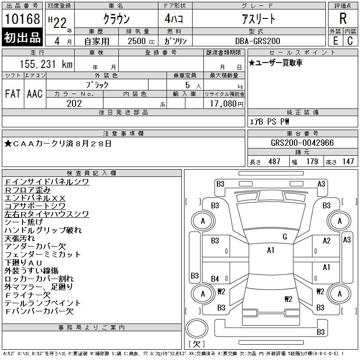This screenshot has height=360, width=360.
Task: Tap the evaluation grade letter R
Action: click(343, 19)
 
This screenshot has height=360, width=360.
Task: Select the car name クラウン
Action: click(116, 19)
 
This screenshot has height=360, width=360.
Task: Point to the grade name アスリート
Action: click(259, 19)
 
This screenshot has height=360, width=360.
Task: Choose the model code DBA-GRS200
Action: click(259, 41)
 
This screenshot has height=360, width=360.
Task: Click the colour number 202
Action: click(74, 103)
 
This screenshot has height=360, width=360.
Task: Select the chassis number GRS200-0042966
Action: click(302, 143)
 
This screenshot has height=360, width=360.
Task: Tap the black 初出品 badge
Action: click(22, 38)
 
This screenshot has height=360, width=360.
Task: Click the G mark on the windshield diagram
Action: click(284, 237)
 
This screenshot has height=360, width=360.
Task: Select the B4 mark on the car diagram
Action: click(215, 279)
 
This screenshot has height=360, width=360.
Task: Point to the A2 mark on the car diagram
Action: click(327, 241)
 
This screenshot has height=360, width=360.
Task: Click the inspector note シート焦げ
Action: click(23, 222)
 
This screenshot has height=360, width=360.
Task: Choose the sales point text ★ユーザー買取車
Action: click(275, 63)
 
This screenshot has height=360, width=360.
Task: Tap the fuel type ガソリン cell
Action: click(176, 41)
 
